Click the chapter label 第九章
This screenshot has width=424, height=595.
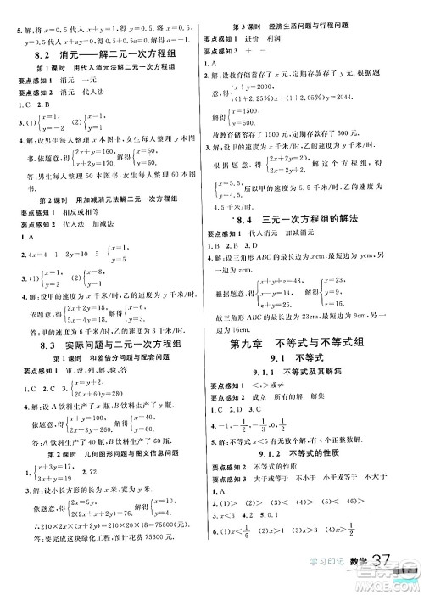(x=254, y=321)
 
